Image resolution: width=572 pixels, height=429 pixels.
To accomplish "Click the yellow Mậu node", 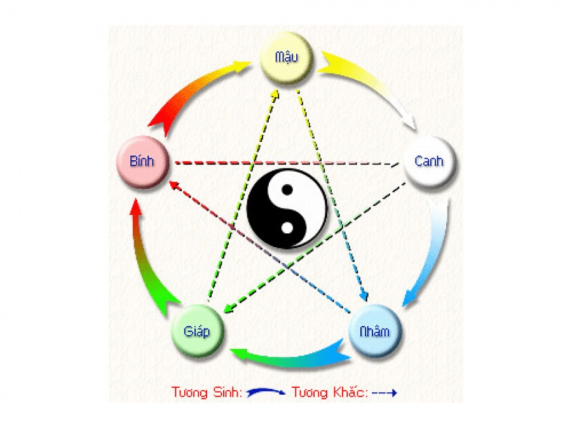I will click(287, 58).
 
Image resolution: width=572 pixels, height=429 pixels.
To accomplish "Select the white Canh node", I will click(429, 161).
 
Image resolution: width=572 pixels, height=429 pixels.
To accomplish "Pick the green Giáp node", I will click(196, 330).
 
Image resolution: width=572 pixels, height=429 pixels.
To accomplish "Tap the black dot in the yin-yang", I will click(287, 189).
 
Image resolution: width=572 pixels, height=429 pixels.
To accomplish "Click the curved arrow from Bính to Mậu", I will click(191, 89).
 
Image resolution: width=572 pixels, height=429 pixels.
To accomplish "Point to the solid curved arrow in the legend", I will click(266, 393).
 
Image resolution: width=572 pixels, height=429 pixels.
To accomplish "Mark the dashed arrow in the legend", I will click(385, 393).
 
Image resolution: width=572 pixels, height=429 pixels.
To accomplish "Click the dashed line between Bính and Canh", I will click(286, 163).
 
